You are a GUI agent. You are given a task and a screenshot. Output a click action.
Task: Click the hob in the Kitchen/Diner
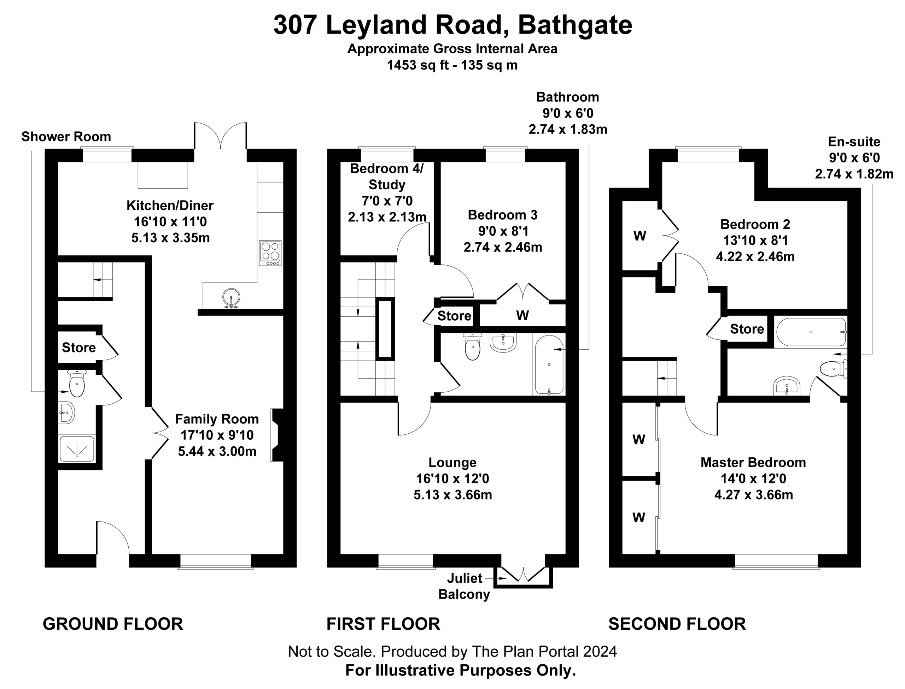270,253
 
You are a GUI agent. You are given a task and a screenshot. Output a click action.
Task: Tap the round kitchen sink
232,297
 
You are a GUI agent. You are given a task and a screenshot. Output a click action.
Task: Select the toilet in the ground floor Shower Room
76,383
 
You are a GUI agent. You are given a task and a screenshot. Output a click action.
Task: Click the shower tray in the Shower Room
77,449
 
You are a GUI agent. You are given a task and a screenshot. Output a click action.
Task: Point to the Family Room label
217,419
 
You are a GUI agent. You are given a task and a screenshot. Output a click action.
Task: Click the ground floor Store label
79,348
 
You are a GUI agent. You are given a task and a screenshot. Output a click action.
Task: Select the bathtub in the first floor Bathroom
549,365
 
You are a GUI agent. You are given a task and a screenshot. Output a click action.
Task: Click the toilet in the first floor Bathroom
473,346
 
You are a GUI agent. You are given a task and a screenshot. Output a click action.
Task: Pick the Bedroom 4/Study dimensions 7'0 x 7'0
387,201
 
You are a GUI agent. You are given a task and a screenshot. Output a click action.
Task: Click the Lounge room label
452,462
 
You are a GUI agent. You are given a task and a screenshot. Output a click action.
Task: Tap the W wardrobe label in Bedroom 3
522,315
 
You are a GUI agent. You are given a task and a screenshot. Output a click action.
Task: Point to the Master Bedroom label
753,462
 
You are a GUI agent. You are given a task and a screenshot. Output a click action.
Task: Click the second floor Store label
747,328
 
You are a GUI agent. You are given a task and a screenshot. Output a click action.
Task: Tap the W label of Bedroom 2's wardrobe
640,236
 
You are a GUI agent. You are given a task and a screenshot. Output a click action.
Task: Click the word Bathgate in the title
575,25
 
